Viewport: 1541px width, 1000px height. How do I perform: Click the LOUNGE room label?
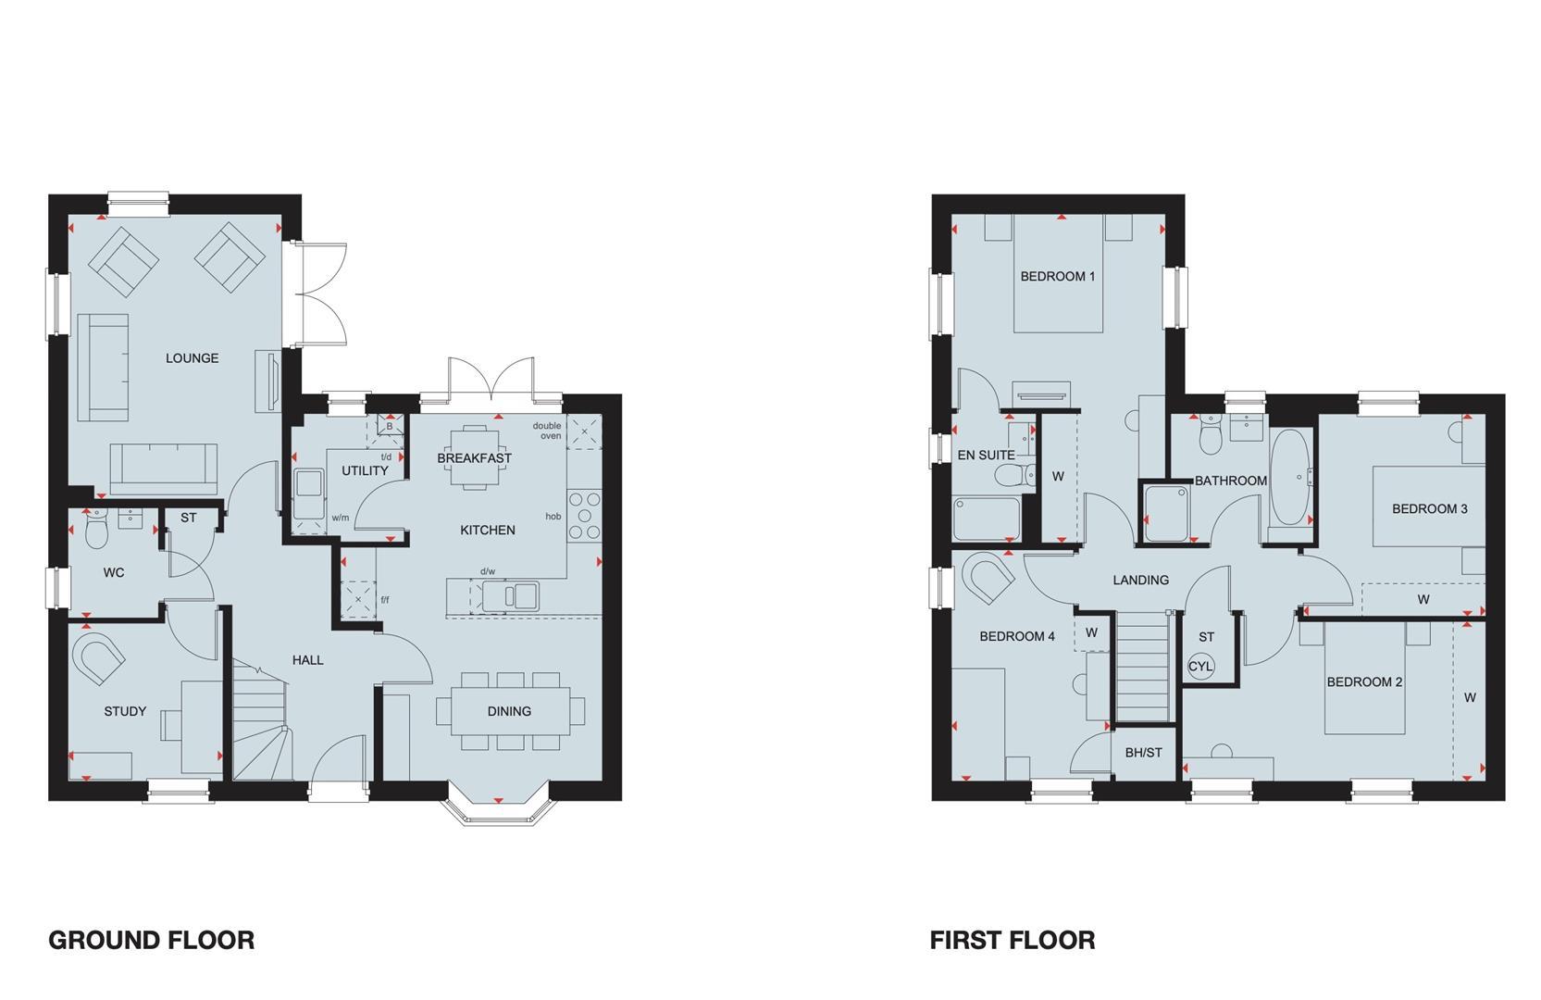pyautogui.click(x=193, y=358)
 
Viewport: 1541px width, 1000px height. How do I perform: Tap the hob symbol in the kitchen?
pyautogui.click(x=585, y=515)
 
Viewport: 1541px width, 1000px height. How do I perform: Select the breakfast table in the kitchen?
pyautogui.click(x=474, y=456)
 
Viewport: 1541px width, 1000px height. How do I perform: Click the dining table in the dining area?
pyautogui.click(x=509, y=711)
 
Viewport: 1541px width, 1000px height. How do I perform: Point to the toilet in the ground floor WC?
pyautogui.click(x=96, y=531)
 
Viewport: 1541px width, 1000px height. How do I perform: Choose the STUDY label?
pyautogui.click(x=125, y=711)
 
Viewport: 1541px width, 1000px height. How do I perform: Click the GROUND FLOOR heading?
pyautogui.click(x=151, y=940)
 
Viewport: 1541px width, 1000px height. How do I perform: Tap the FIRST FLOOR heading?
pyautogui.click(x=1013, y=940)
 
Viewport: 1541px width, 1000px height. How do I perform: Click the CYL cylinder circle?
pyautogui.click(x=1200, y=667)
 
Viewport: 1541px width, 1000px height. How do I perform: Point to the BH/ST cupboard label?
pyautogui.click(x=1143, y=753)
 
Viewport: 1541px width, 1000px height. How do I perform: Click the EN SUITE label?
pyautogui.click(x=986, y=455)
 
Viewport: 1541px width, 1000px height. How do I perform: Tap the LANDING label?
pyautogui.click(x=1140, y=580)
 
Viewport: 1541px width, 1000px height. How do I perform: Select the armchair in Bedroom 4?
pyautogui.click(x=988, y=579)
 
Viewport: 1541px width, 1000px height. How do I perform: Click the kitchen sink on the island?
pyautogui.click(x=508, y=595)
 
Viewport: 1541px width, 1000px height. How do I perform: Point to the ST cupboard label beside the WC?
pyautogui.click(x=189, y=518)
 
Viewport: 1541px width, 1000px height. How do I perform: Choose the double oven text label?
pyautogui.click(x=547, y=431)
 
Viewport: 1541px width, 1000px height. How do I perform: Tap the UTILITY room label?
pyautogui.click(x=365, y=470)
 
